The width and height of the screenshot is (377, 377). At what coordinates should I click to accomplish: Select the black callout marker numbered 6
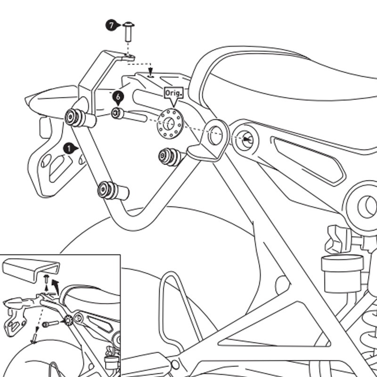(x=118, y=97)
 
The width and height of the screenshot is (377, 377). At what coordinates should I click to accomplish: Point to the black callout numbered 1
(x=69, y=148)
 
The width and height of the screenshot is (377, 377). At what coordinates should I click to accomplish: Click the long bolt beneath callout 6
(x=130, y=114)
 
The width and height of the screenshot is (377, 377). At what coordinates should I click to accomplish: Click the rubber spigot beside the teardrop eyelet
(x=169, y=156)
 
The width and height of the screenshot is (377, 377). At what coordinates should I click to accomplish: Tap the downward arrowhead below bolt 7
(x=150, y=74)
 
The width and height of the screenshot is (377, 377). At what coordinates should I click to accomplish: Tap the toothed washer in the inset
(x=68, y=320)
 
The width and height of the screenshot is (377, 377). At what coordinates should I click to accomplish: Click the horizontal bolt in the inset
(x=50, y=325)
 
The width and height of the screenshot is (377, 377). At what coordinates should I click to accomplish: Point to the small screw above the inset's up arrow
(x=46, y=279)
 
